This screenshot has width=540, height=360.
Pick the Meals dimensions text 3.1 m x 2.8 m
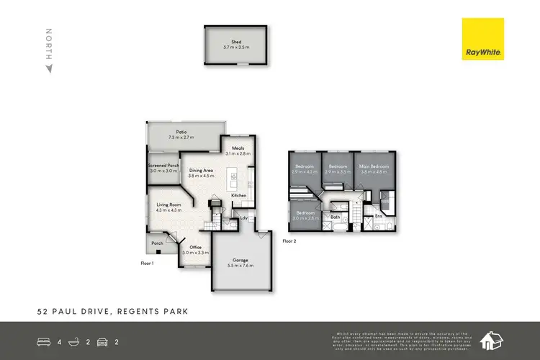237,153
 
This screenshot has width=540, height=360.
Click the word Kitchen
239,195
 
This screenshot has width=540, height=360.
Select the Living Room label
168,204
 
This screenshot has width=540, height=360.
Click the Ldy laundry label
244,217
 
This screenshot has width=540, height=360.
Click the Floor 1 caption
148,264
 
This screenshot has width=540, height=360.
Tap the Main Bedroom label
373,167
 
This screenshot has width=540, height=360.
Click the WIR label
384,202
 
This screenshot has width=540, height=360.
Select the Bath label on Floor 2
335,217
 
